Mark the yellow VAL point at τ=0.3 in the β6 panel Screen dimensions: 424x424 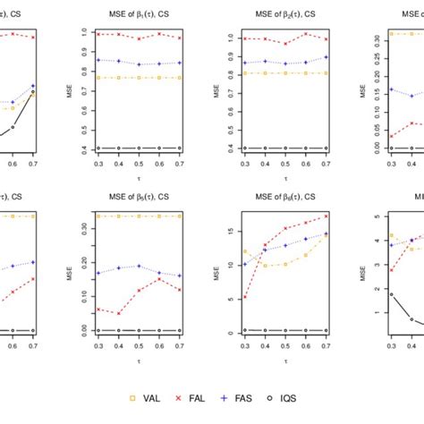click(x=245, y=251)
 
